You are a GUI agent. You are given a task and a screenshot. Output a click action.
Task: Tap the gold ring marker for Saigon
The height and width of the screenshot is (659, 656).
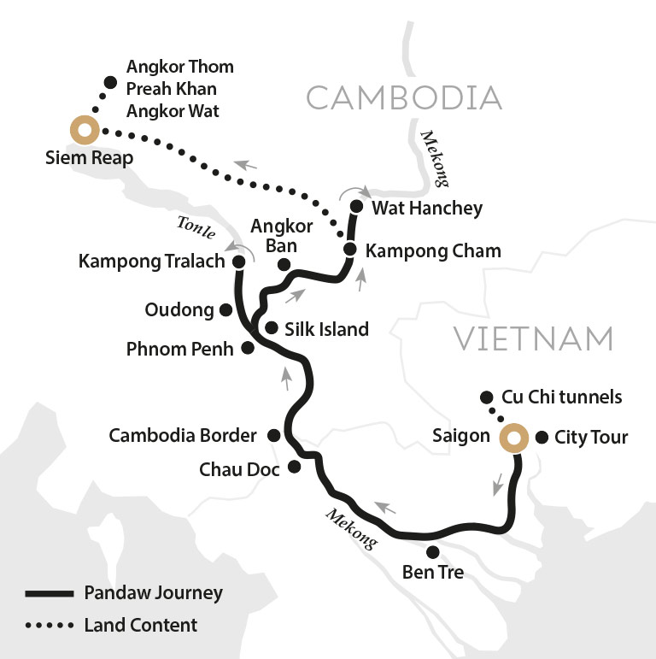[x=513, y=438]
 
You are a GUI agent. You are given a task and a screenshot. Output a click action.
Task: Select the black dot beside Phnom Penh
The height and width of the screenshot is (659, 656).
[x=248, y=349]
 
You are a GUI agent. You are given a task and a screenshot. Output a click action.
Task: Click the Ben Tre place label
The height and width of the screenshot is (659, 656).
[x=432, y=573]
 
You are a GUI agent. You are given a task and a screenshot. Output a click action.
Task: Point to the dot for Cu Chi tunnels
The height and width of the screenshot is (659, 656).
[x=487, y=397]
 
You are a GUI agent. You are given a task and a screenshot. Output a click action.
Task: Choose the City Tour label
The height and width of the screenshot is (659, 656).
[x=591, y=438]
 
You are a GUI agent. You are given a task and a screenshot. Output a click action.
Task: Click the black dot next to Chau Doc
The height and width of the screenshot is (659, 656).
[x=295, y=467]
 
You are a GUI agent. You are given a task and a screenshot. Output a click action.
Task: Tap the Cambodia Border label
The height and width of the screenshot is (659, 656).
[x=183, y=436]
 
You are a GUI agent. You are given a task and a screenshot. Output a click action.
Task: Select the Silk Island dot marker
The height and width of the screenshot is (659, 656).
[x=271, y=328]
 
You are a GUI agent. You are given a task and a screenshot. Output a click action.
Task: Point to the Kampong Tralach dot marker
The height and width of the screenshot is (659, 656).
[x=239, y=261]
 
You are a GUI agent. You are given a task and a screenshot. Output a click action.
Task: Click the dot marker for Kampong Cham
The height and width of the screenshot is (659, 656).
[x=349, y=250]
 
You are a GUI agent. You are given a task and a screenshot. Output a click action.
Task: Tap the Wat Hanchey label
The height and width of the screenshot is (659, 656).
[x=428, y=208]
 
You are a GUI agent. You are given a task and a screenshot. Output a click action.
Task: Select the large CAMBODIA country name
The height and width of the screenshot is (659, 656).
[x=404, y=98]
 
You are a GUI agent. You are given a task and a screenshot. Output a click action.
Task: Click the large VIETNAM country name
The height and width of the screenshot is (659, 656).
[x=534, y=339]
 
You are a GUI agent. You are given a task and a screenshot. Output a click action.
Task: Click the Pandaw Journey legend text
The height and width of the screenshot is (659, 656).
[x=154, y=593]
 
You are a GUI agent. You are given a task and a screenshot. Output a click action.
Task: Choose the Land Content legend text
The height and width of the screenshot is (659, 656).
[x=142, y=625]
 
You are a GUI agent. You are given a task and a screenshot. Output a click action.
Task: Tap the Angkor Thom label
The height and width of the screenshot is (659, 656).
[x=179, y=66]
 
